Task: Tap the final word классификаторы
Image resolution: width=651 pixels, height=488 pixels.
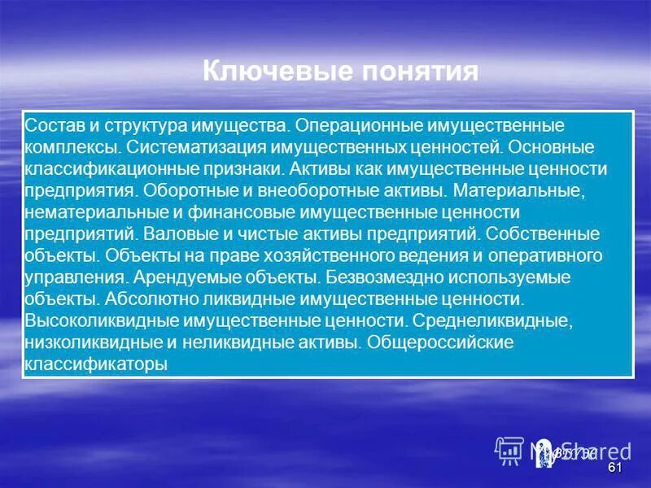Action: coord(95,363)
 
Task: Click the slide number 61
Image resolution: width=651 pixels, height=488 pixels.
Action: coord(614,469)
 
